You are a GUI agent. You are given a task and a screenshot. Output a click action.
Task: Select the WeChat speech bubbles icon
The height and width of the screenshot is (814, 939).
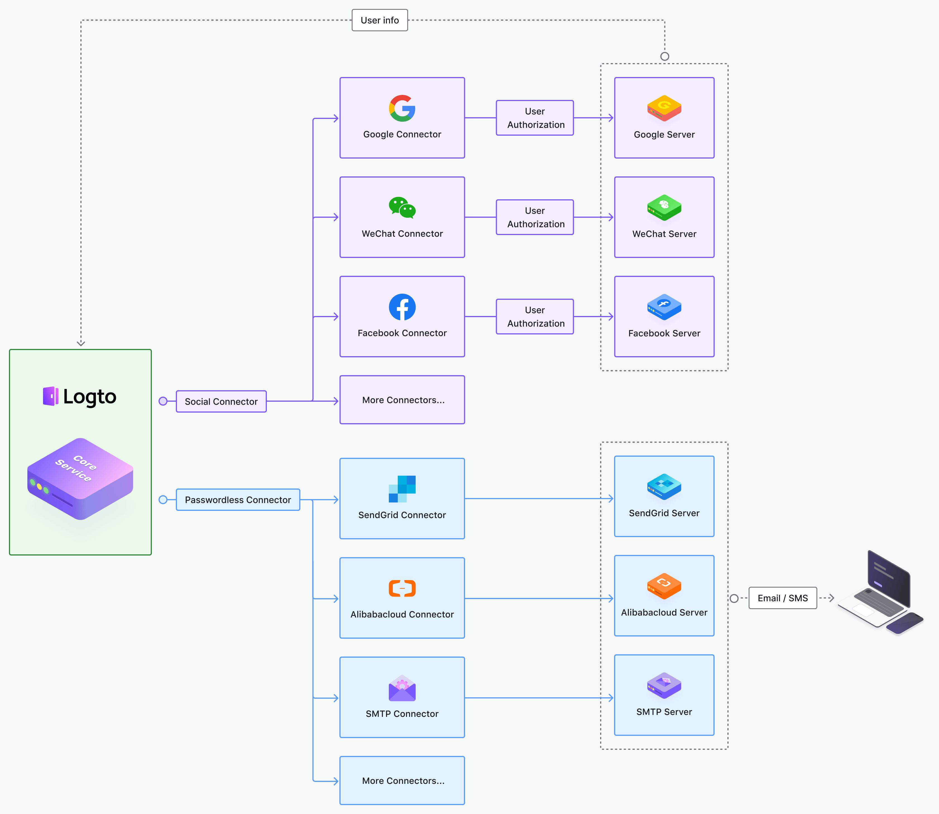pos(402,208)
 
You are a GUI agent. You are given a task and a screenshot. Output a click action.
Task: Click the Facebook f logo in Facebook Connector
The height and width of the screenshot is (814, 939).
pos(402,307)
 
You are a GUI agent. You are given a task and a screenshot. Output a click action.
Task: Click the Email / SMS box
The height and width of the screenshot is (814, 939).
pos(782,598)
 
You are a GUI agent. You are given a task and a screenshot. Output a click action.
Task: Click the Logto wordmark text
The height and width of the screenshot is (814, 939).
pos(90,397)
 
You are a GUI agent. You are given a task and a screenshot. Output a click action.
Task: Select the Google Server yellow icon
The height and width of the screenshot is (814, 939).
pos(664,108)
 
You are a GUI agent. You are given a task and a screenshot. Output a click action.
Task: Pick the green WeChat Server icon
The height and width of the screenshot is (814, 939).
pos(664,208)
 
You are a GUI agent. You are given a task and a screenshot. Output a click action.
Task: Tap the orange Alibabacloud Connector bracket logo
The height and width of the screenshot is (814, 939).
pos(402,588)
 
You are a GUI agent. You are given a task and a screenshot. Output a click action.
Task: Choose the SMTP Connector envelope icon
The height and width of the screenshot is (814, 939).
pos(402,688)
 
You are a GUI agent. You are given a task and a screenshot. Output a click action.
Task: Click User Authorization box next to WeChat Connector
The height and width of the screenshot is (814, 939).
pos(535,217)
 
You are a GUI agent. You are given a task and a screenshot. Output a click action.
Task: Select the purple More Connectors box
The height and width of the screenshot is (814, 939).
pos(402,400)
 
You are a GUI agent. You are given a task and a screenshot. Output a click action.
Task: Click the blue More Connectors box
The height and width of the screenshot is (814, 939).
pos(402,781)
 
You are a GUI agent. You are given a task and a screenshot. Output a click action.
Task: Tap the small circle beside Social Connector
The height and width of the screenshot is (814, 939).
pos(163,401)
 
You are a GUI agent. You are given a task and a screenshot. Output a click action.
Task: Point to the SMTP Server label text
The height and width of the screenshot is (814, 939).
pos(664,712)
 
